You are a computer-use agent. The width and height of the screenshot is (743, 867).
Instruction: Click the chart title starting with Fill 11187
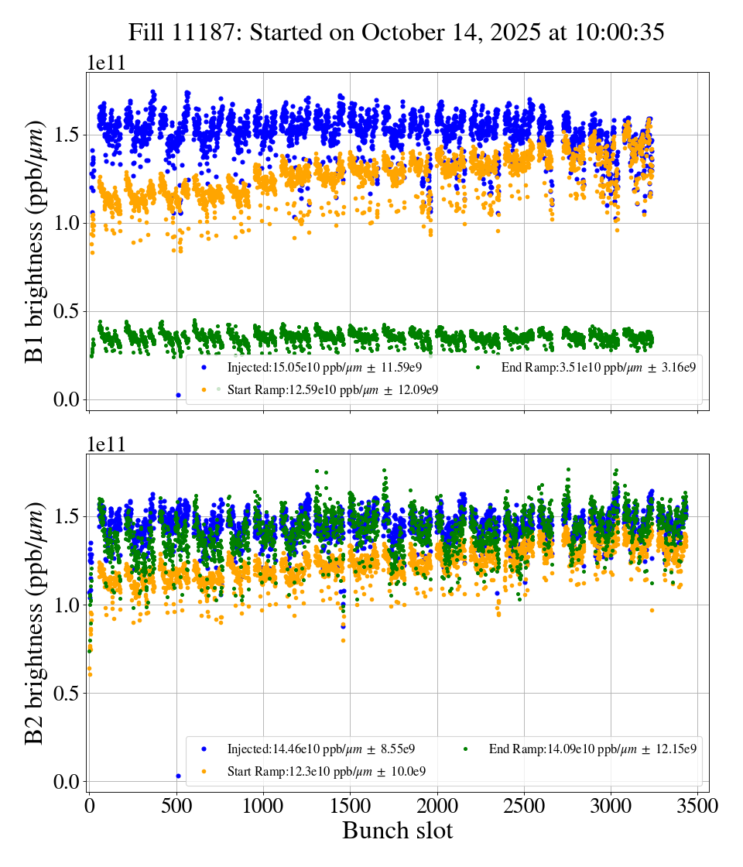pos(396,32)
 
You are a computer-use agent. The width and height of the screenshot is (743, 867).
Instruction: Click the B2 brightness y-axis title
pos(35,623)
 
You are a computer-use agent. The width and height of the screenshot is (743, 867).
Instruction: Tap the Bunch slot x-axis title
pos(397,831)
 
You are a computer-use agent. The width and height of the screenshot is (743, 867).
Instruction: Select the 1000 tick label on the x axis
pos(263,806)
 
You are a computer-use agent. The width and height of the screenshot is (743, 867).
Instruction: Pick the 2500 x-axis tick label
pos(524,806)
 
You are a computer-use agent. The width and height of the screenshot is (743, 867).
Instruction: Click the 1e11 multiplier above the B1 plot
pos(106,63)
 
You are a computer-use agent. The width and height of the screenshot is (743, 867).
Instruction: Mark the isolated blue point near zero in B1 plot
pos(178,395)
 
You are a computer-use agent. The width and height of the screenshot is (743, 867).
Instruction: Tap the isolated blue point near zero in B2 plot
pos(178,776)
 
